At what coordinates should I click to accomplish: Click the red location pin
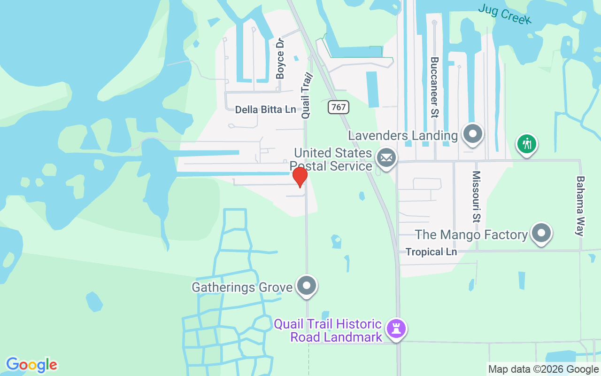click(300, 176)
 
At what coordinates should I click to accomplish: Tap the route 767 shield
click(338, 107)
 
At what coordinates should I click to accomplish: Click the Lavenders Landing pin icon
click(472, 134)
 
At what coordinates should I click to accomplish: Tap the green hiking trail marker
click(527, 143)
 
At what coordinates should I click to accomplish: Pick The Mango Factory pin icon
click(541, 233)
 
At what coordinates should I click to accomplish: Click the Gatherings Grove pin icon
click(307, 285)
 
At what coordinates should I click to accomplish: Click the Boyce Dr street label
click(280, 58)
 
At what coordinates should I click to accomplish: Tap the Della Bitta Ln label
click(265, 110)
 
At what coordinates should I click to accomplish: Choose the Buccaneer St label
click(434, 87)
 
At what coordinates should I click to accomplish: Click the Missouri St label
click(477, 196)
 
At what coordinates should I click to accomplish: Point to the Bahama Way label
click(581, 206)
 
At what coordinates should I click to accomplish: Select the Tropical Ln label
click(431, 252)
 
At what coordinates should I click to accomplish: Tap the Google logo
click(31, 365)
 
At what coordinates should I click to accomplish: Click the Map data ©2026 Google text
click(543, 369)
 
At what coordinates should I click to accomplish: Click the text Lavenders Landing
click(403, 136)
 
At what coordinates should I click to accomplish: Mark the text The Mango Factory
click(471, 235)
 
